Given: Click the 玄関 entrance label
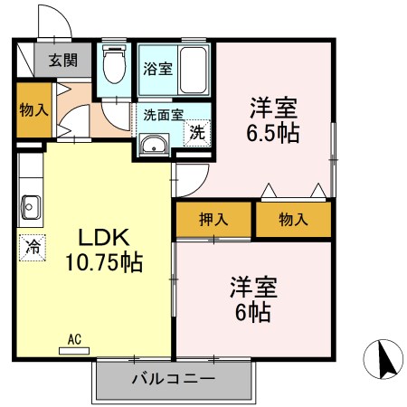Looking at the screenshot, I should (63, 62).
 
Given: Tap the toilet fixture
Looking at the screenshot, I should (115, 65).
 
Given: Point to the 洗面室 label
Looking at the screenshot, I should (163, 114).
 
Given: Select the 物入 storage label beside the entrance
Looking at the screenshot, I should (33, 110).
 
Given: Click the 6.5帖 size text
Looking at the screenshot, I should (275, 132).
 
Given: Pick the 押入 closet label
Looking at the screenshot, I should (214, 219).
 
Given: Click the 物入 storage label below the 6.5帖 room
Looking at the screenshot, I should (293, 219).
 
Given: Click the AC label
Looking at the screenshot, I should (74, 339).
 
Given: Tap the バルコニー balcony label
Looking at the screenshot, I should (172, 377).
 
